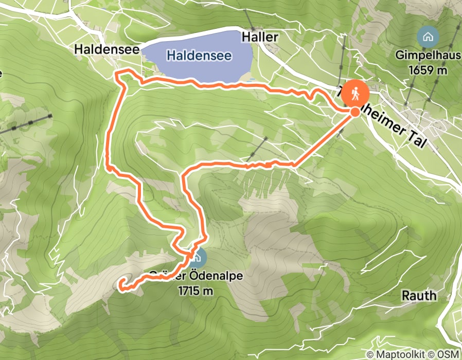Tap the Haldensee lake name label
pyautogui.click(x=199, y=55)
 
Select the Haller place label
pyautogui.click(x=260, y=37)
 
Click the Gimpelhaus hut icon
pyautogui.click(x=427, y=37)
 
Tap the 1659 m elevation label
pyautogui.click(x=428, y=69)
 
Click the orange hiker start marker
pyautogui.click(x=355, y=94)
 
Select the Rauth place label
pyautogui.click(x=419, y=295)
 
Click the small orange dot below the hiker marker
pyautogui.click(x=355, y=112)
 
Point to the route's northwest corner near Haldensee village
pyautogui.click(x=117, y=76)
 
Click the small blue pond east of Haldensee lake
pyautogui.click(x=251, y=81)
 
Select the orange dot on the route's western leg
pyautogui.click(x=109, y=167)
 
